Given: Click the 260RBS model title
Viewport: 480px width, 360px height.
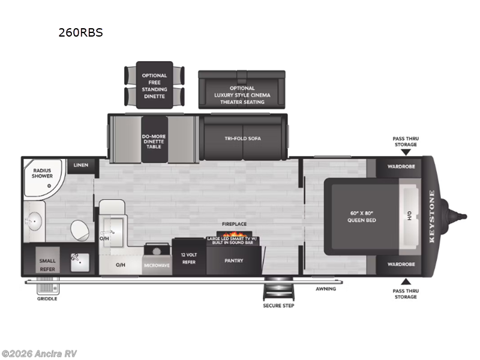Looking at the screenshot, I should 80,33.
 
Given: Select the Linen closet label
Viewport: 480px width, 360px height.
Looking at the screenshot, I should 80,165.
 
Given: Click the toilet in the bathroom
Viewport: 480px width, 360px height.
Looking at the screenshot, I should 79,230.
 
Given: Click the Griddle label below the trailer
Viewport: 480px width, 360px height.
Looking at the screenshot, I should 47,299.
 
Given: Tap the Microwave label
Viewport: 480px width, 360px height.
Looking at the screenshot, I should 157,265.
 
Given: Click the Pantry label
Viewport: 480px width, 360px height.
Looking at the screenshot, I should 233,261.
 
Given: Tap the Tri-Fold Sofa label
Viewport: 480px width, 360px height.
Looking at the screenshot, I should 242,139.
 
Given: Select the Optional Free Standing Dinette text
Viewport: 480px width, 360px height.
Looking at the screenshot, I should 154,86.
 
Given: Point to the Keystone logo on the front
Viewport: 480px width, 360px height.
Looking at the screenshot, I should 431,215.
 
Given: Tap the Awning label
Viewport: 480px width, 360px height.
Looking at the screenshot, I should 326,289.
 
